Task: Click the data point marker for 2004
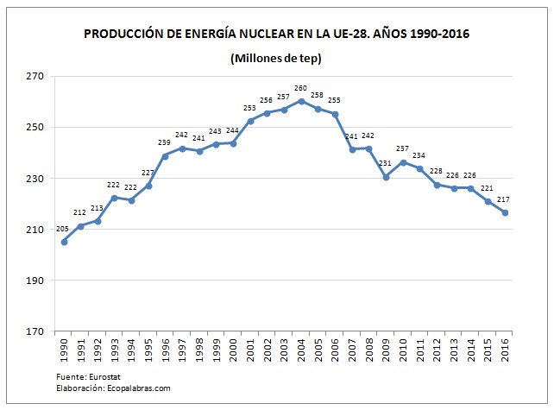pyautogui.click(x=301, y=101)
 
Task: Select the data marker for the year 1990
pyautogui.click(x=65, y=242)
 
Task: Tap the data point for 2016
pyautogui.click(x=504, y=212)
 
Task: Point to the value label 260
pyautogui.click(x=300, y=88)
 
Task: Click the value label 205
pyautogui.click(x=62, y=229)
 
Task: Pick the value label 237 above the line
pyautogui.click(x=402, y=148)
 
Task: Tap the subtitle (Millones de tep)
pyautogui.click(x=277, y=58)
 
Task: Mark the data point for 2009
pyautogui.click(x=386, y=176)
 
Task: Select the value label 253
pyautogui.click(x=250, y=108)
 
